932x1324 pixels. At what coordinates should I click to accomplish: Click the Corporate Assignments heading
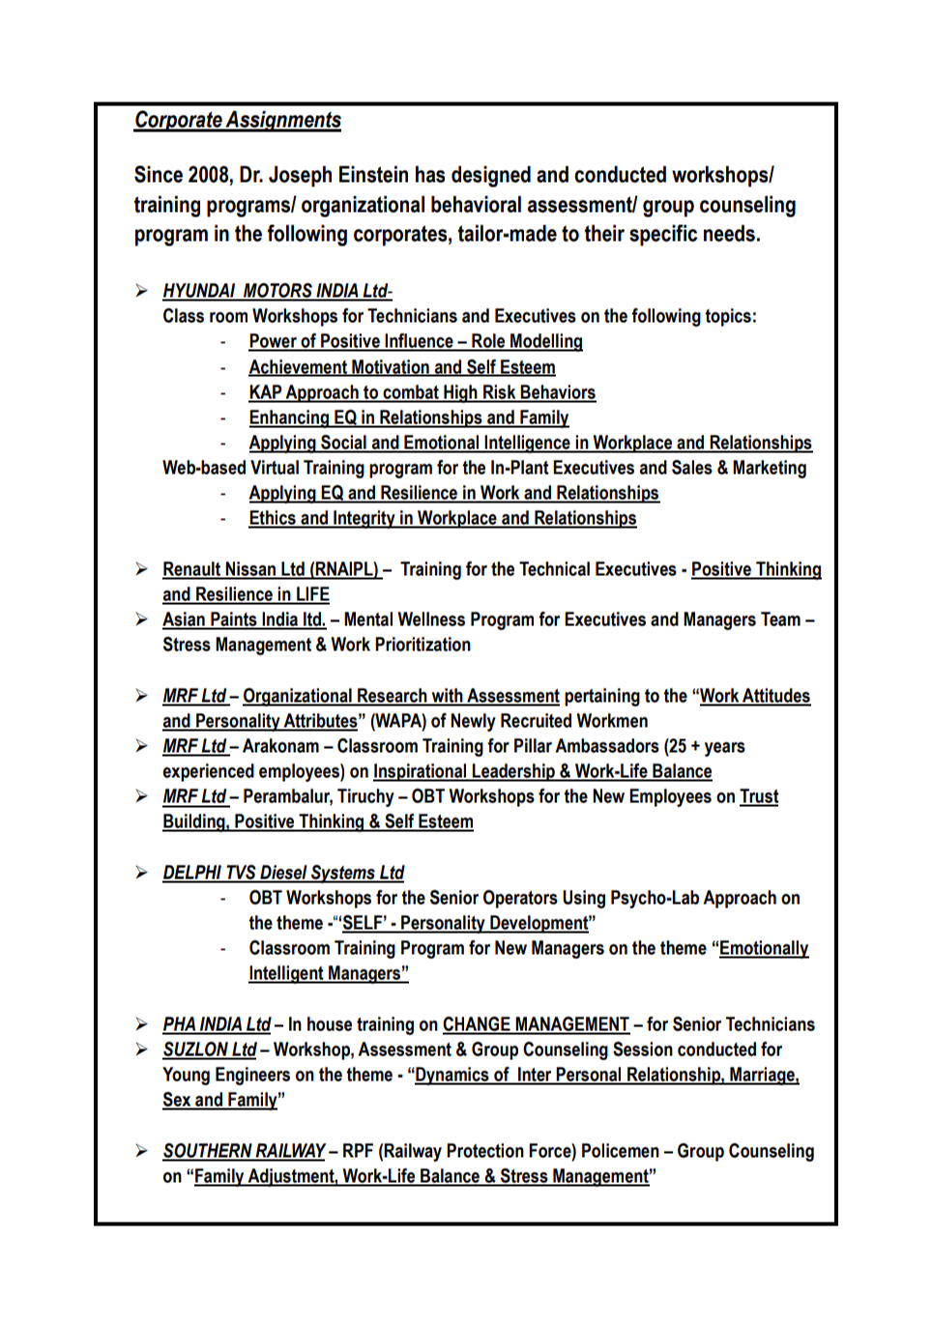pos(237,120)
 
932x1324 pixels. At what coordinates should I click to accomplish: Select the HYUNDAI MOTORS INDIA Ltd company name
pos(275,291)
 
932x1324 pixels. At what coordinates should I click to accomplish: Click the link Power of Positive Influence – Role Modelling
pos(415,341)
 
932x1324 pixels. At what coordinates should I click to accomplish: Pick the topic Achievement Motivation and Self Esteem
pos(401,367)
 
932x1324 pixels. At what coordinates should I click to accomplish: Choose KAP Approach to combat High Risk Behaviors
pos(422,392)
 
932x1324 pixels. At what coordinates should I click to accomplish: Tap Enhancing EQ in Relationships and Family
pos(408,417)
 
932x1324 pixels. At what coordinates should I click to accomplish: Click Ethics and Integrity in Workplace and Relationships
pos(442,518)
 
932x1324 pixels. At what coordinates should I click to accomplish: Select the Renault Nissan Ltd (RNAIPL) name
pos(272,569)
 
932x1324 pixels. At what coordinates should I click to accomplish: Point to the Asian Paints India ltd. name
pos(244,619)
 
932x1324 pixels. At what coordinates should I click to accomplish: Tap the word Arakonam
pos(280,746)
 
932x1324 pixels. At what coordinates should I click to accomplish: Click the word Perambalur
pos(285,796)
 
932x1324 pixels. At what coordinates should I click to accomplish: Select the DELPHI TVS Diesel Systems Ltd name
pos(282,873)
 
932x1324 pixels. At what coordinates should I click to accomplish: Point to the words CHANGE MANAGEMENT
pos(536,1024)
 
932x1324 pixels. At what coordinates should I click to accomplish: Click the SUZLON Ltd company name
pos(209,1050)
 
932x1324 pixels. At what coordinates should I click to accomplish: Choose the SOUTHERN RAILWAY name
pos(244,1151)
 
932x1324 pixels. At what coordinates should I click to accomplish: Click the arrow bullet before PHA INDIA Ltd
pos(142,1024)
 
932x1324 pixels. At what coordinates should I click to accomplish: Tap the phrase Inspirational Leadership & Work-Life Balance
pos(542,771)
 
